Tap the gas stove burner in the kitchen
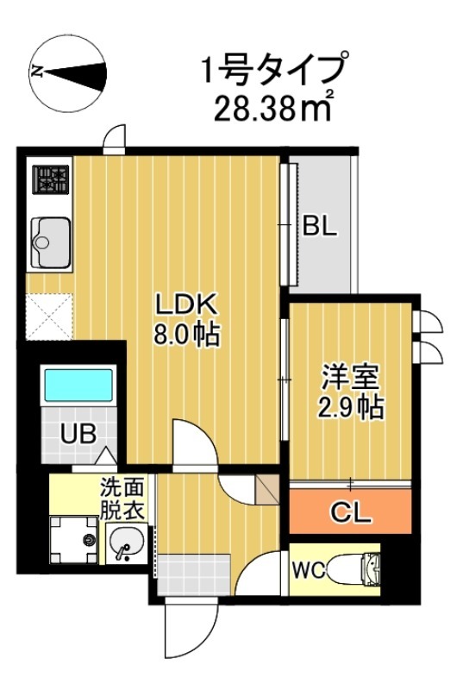[x=50, y=180]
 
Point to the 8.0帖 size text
[x=189, y=333]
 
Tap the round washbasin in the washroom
[x=127, y=543]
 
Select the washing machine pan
[x=77, y=540]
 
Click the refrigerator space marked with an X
[x=49, y=316]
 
